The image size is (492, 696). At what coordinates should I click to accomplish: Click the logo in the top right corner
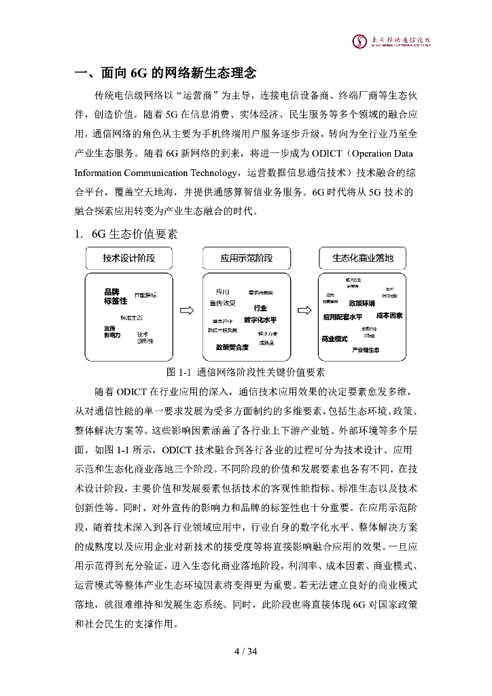pos(392,41)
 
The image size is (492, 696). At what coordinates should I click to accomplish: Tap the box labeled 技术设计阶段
pos(129,258)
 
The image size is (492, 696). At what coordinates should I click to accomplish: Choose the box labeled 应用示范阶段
pos(246,258)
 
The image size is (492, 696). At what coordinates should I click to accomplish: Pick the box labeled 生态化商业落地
pos(363,258)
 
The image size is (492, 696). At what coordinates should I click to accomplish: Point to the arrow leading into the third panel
pos(305,312)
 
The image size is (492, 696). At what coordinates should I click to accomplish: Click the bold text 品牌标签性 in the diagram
pos(116,296)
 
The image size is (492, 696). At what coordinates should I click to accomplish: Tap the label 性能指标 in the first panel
pos(145,295)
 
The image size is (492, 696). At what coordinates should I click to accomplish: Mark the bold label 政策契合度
pos(232,347)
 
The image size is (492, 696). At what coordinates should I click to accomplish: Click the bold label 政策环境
pos(362,303)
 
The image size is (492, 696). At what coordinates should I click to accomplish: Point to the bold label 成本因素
pos(389,316)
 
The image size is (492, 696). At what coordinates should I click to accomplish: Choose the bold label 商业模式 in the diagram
pos(334,338)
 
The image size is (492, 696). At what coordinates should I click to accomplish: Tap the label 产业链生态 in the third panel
pos(366,350)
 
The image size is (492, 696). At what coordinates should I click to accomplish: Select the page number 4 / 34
pos(245,652)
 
